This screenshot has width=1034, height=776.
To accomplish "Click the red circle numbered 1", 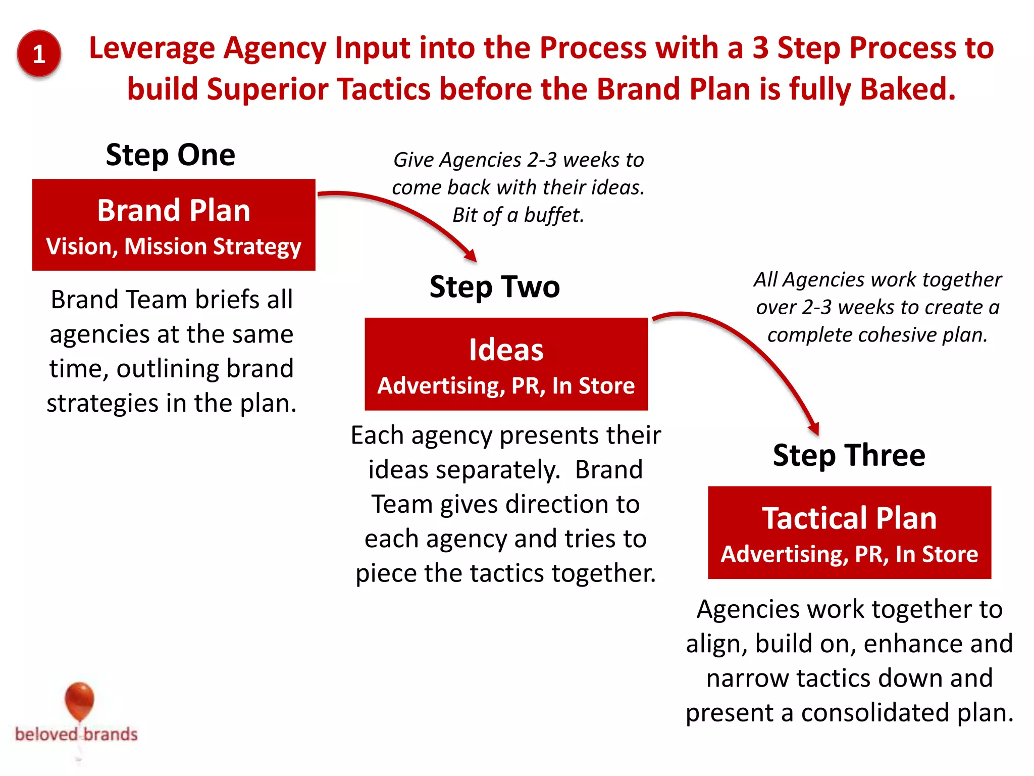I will point(39,54).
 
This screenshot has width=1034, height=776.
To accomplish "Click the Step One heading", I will point(170,155).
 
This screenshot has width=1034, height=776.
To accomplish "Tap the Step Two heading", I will point(494,286).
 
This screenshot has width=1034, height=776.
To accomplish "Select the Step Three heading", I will point(849,455).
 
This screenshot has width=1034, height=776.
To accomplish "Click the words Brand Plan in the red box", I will point(174,210).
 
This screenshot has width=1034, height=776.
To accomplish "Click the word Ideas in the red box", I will point(506,350).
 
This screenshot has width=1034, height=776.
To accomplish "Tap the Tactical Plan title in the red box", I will point(849,518).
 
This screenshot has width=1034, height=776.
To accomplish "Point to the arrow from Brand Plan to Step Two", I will point(404,212).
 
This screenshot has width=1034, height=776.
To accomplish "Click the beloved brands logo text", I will point(76,734).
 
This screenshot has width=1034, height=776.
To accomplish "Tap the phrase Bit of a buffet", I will point(518,215).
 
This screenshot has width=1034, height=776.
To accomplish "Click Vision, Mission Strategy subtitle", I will point(174,247).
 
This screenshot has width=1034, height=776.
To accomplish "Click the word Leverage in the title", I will point(152,48).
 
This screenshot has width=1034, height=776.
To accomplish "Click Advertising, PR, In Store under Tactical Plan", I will point(849,554).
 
